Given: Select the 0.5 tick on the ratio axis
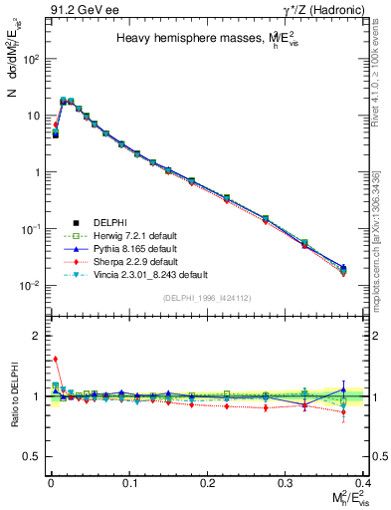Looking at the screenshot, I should [x=35, y=456].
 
